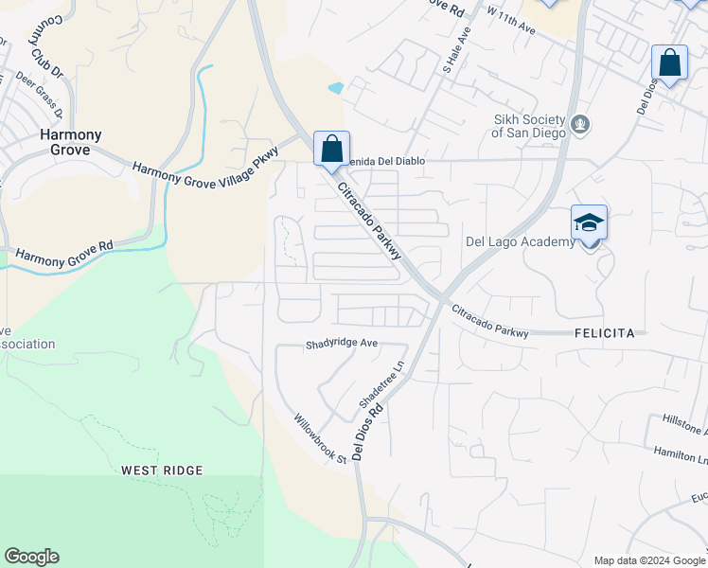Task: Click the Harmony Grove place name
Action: click(64, 142)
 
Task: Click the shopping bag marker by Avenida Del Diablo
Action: click(331, 149)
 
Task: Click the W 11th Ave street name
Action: click(510, 21)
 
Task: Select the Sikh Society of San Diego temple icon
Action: click(581, 123)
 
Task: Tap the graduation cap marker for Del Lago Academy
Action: click(589, 223)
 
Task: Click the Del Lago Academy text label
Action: click(520, 241)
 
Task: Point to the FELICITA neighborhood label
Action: click(610, 333)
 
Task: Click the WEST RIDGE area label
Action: click(162, 470)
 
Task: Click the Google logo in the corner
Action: click(31, 557)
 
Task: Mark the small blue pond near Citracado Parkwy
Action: click(336, 88)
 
